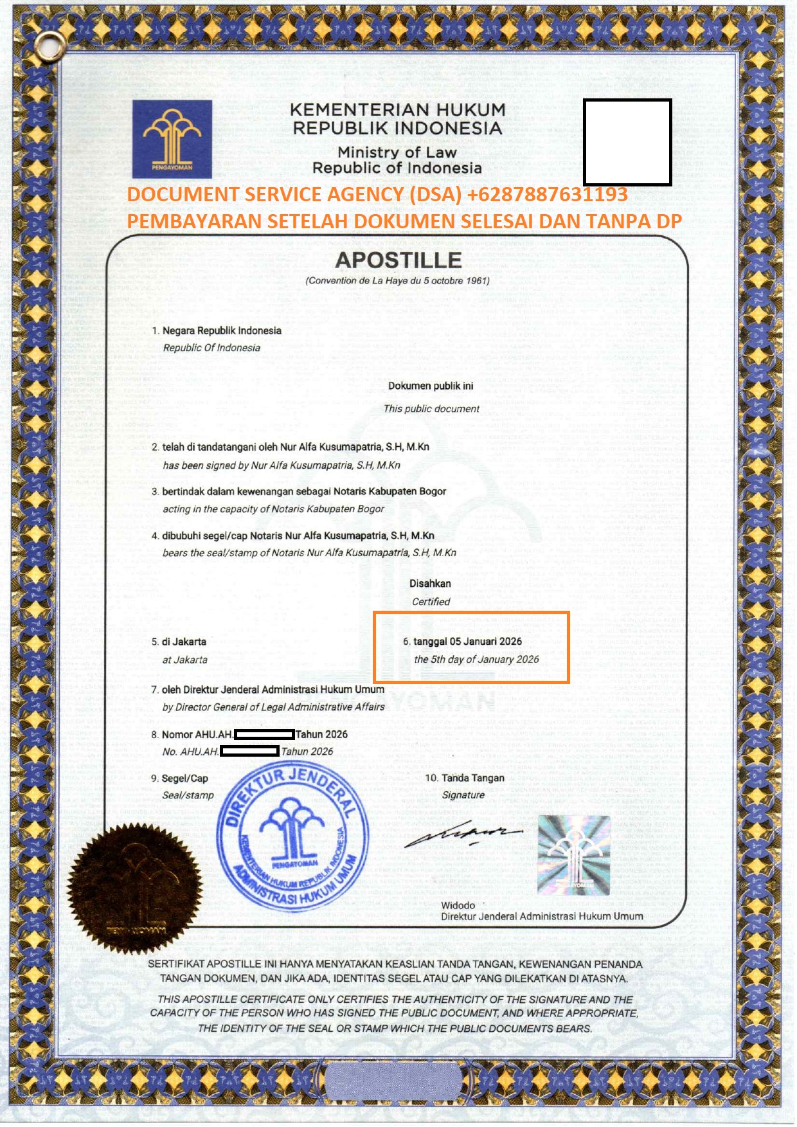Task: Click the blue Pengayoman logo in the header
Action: (172, 139)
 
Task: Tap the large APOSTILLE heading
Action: (398, 260)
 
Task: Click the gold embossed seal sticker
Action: (134, 887)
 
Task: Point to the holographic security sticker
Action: (573, 855)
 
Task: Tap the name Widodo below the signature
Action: (458, 905)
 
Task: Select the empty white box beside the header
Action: (627, 142)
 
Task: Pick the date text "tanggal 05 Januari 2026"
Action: (467, 641)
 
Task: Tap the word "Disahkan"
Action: (430, 584)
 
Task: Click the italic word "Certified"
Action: (431, 602)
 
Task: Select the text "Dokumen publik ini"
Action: (431, 386)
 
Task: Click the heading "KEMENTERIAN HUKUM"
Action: (398, 110)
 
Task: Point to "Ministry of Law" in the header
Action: (397, 152)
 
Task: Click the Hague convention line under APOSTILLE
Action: (398, 281)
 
